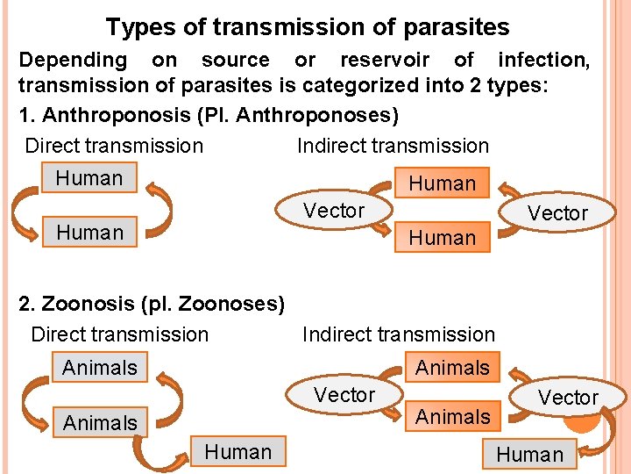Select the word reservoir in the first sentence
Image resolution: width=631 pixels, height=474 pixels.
[x=385, y=60]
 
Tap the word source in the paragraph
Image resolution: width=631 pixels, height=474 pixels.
[x=235, y=60]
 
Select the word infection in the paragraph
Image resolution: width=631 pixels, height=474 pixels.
[x=542, y=60]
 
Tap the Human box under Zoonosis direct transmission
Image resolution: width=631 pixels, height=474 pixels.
[x=238, y=452]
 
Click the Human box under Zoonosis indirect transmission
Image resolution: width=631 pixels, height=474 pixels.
[x=529, y=455]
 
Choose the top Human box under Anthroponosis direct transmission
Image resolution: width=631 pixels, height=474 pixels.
[x=89, y=178]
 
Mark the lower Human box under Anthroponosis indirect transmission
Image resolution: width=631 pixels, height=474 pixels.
[x=442, y=237]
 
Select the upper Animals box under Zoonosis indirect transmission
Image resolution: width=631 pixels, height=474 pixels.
[x=452, y=368]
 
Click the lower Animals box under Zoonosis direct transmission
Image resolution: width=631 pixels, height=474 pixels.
[x=100, y=423]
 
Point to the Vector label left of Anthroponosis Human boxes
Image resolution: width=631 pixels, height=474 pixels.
[x=333, y=211]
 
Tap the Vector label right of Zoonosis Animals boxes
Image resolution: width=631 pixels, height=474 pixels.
[x=568, y=398]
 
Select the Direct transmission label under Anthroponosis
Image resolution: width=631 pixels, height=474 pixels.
[x=114, y=146]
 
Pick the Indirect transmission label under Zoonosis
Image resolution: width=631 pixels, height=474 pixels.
[x=399, y=334]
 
